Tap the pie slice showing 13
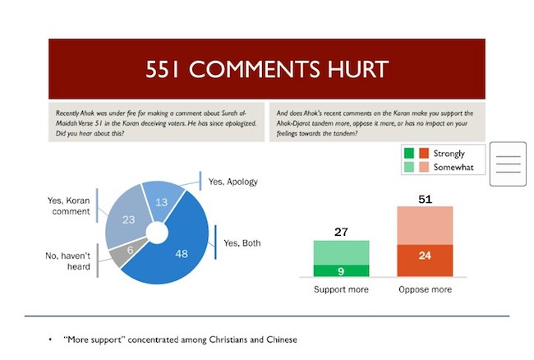click(163, 201)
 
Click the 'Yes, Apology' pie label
click(233, 182)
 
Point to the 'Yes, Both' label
click(242, 242)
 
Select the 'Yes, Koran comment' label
click(69, 205)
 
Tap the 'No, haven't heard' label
click(67, 261)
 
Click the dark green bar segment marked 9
click(341, 270)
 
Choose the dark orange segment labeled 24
click(425, 261)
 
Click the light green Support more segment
click(341, 252)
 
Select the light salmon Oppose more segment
click(425, 225)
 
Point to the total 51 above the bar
click(425, 199)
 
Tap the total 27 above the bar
click(341, 232)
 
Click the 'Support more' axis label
click(341, 289)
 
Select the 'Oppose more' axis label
click(426, 289)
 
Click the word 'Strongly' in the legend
click(449, 154)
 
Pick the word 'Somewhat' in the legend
click(453, 167)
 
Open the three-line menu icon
click(508, 164)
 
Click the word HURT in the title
click(358, 69)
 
